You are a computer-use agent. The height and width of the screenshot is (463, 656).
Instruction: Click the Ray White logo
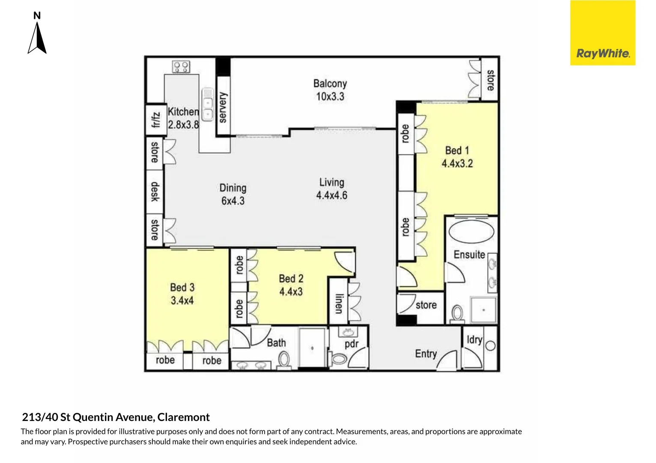602,33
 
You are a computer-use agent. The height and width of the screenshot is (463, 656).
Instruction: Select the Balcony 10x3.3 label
330,90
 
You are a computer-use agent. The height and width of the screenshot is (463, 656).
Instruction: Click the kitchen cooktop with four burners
181,67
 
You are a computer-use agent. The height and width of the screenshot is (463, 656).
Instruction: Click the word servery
223,108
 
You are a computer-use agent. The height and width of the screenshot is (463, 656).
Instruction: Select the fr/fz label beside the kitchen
155,120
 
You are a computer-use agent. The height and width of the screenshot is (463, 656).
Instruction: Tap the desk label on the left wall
155,192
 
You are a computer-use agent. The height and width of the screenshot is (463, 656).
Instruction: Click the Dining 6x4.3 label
233,194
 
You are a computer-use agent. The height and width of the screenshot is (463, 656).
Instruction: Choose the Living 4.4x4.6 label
331,189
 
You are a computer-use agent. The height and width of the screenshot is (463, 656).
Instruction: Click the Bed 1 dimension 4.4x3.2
457,164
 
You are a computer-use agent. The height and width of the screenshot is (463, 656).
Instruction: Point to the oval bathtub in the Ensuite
471,232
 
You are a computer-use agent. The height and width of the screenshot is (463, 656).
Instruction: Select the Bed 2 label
291,279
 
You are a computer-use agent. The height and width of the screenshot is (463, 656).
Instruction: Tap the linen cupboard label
339,304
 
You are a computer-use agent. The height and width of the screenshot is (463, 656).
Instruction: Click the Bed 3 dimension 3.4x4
182,301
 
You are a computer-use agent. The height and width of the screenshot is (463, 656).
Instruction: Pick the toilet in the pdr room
338,358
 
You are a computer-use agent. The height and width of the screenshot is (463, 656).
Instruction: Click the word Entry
426,354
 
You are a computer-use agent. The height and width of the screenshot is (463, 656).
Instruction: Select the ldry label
474,340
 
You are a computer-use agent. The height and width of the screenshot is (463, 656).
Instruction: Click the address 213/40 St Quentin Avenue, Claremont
116,417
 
